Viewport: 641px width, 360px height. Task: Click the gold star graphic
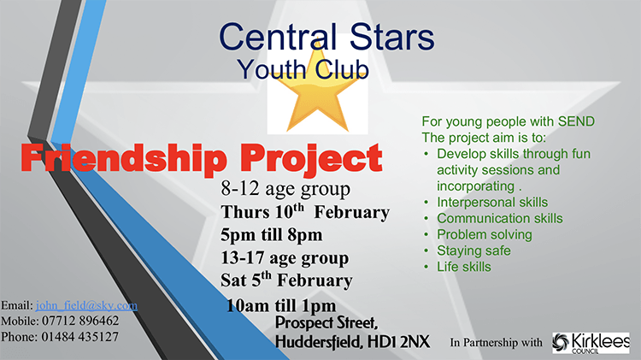pyautogui.click(x=318, y=90)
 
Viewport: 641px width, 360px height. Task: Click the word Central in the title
pyautogui.click(x=279, y=37)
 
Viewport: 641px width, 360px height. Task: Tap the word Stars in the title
pyautogui.click(x=391, y=37)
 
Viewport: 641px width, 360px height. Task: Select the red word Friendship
pyautogui.click(x=123, y=158)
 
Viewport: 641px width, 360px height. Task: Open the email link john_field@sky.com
pyautogui.click(x=86, y=305)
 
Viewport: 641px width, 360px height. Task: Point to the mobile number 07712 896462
pyautogui.click(x=80, y=321)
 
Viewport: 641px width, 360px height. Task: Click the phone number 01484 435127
pyautogui.click(x=79, y=337)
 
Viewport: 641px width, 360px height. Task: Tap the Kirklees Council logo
pyautogui.click(x=591, y=343)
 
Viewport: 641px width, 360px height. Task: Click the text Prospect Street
pyautogui.click(x=326, y=322)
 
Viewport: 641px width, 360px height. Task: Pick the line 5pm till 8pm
pyautogui.click(x=272, y=235)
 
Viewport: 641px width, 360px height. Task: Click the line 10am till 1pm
pyautogui.click(x=281, y=305)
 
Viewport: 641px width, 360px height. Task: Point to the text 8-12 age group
pyautogui.click(x=285, y=189)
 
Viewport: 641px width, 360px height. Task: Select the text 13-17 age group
pyautogui.click(x=285, y=258)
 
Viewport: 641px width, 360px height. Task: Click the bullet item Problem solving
pyautogui.click(x=485, y=235)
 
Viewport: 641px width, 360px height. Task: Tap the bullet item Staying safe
pyautogui.click(x=473, y=251)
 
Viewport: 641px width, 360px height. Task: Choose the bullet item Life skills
pyautogui.click(x=464, y=267)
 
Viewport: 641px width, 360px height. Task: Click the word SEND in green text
pyautogui.click(x=576, y=121)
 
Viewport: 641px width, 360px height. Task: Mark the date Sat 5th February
pyautogui.click(x=286, y=280)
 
